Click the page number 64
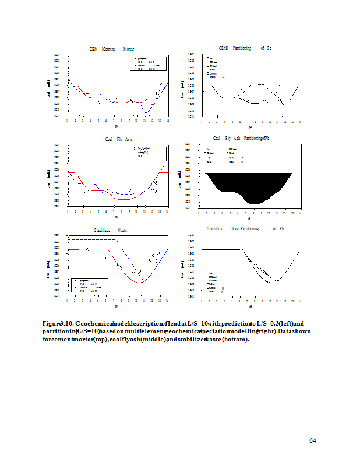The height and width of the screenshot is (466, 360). tap(313, 440)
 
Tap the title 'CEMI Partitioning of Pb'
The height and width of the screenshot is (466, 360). tap(245, 48)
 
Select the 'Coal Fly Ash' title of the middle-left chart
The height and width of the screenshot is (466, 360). tap(118, 139)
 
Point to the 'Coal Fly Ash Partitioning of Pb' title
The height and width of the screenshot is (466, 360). tap(241, 138)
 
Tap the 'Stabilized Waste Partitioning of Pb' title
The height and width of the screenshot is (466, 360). tap(245, 229)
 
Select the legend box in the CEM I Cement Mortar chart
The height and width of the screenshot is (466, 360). tap(147, 64)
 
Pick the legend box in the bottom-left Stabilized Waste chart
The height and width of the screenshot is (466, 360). tap(88, 285)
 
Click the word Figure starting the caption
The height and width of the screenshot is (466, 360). tap(53, 323)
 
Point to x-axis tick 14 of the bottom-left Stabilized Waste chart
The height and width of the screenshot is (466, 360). tap(167, 301)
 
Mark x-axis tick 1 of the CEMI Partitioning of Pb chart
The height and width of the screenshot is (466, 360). tap(202, 121)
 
